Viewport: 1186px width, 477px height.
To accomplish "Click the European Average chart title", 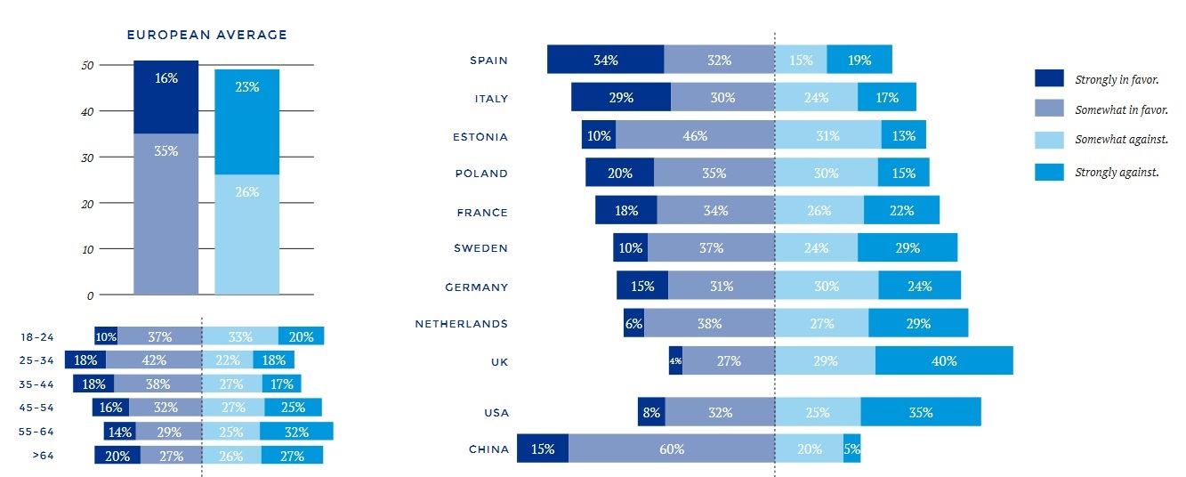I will tap(206, 36).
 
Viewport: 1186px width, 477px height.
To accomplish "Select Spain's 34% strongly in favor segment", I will tap(605, 60).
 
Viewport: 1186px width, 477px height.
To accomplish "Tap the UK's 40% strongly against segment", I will tap(944, 360).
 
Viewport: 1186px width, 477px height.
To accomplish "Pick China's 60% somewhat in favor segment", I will tap(672, 449).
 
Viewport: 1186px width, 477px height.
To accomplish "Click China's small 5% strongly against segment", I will tap(851, 449).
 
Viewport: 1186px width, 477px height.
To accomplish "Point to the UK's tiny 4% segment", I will tap(675, 360).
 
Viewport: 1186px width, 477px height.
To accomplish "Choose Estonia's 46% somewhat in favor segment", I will tap(695, 135).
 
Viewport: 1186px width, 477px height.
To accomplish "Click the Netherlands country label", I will tap(461, 324).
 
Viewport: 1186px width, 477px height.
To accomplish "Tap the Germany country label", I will tap(476, 287).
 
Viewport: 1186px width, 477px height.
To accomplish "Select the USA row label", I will tap(496, 412).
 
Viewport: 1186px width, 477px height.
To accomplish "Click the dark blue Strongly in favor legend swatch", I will tap(1049, 78).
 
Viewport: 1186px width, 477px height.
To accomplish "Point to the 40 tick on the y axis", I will tap(87, 111).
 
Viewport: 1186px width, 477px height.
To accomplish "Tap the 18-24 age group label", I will tap(36, 337).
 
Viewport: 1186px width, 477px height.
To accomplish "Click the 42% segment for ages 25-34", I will tap(154, 360).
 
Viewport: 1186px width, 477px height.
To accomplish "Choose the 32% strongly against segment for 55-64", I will tap(296, 432).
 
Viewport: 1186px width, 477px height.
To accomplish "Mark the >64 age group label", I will tap(42, 456).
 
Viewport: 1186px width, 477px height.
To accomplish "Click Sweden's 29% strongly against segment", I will tap(908, 247).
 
